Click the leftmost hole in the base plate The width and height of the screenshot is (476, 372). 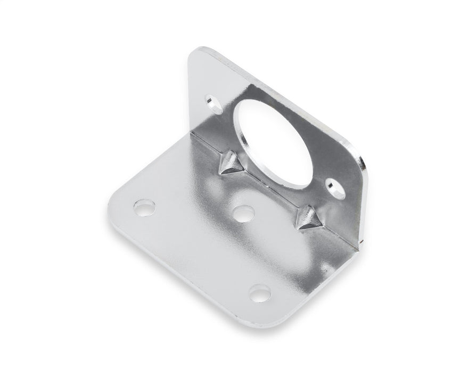(144, 207)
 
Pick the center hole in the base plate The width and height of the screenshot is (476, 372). (243, 213)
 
